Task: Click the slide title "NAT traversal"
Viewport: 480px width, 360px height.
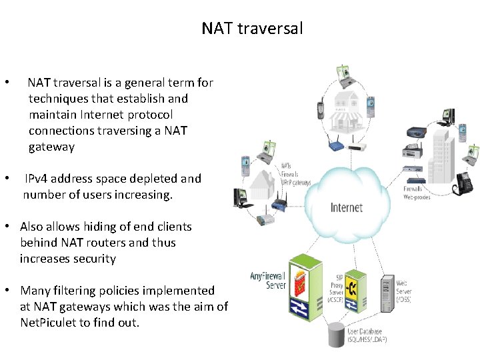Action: [252, 29]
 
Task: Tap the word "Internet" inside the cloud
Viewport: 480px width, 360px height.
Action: [347, 207]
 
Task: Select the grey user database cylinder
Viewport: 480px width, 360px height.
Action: [334, 333]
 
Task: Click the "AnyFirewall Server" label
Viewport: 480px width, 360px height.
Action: [268, 280]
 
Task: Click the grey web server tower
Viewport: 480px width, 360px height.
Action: [387, 293]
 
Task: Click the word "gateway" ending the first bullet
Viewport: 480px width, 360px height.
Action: [51, 147]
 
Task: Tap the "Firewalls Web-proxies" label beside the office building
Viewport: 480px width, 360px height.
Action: [417, 193]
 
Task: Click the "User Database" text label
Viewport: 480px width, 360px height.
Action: [366, 331]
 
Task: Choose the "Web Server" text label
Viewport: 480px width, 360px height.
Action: [404, 291]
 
